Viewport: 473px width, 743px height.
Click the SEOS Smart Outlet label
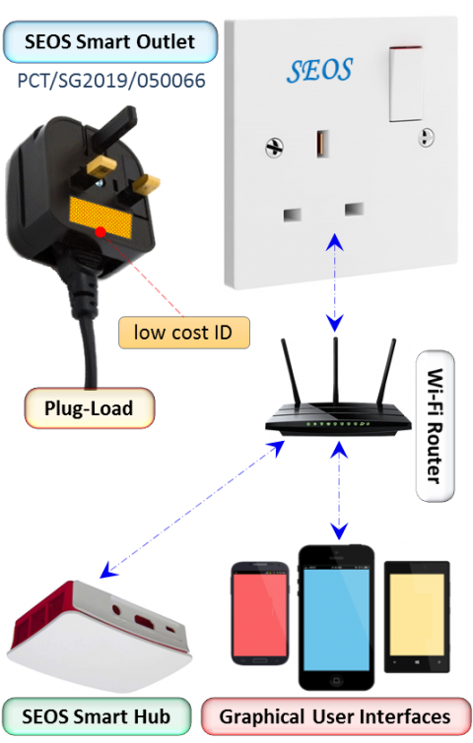(110, 41)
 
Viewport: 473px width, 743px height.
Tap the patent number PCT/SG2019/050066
(111, 81)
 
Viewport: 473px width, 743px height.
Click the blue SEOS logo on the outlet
(319, 71)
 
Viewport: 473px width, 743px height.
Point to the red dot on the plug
(101, 231)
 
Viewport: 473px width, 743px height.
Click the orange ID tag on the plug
(101, 217)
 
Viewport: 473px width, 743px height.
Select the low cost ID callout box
(183, 333)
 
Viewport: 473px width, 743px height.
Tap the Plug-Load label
(90, 408)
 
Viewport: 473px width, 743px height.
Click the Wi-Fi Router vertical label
(435, 425)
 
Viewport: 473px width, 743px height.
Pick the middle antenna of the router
(335, 371)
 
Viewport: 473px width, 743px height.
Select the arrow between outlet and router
(335, 281)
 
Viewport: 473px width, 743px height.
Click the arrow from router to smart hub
(192, 510)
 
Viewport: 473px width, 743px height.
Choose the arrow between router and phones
(339, 490)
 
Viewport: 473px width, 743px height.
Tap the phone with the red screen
(260, 613)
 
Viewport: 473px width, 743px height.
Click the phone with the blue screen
(336, 617)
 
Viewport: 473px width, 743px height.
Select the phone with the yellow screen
(417, 616)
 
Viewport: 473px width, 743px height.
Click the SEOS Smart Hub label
(97, 716)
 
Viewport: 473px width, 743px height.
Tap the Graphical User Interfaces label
(335, 716)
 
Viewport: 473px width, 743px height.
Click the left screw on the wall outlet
(274, 148)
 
